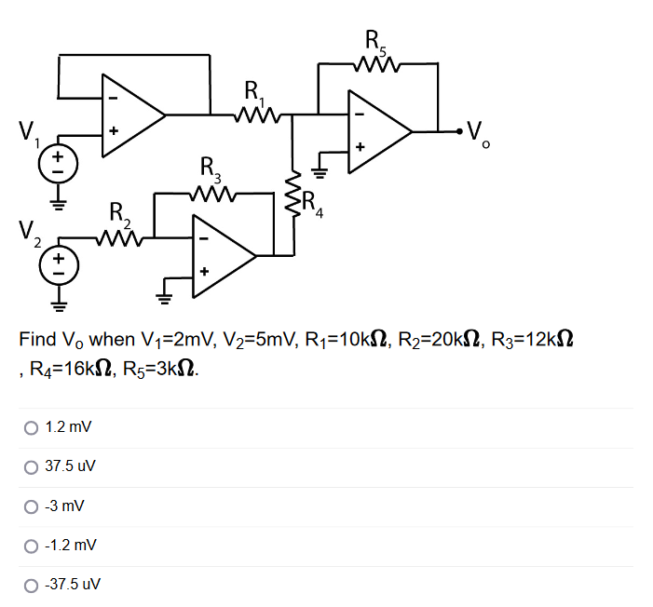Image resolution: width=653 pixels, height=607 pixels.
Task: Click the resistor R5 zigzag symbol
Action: pos(378,64)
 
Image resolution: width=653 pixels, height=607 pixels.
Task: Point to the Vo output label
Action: pos(477,134)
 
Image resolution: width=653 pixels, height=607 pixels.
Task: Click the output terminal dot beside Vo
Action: pos(454,130)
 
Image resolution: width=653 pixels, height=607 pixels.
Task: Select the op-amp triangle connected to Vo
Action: pos(376,131)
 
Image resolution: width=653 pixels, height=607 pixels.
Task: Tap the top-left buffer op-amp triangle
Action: pos(130,115)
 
